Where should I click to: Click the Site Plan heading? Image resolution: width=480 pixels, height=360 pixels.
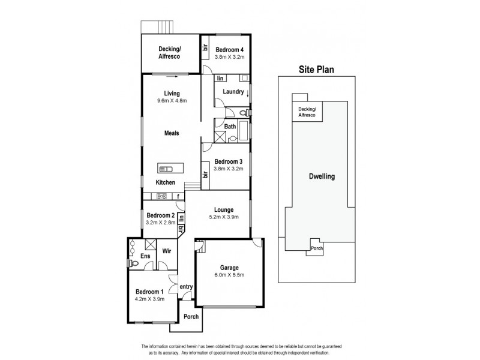tap(317, 70)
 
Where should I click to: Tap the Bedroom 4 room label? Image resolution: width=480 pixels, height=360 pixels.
tap(230, 50)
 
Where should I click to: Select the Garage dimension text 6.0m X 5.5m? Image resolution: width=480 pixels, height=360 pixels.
tap(230, 275)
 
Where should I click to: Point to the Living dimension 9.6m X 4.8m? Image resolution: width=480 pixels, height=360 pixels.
tap(172, 101)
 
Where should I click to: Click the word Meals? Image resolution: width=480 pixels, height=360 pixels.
tap(172, 133)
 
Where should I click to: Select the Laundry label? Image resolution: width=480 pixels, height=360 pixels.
tap(233, 92)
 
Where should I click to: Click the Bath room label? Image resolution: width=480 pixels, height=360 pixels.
tap(230, 127)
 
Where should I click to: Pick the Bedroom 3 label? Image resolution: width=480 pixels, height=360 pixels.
tap(229, 162)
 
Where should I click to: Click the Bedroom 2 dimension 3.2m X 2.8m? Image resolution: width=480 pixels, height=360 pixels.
tap(160, 222)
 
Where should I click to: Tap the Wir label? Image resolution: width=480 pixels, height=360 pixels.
tap(167, 252)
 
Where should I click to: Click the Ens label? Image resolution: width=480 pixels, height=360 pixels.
tap(145, 256)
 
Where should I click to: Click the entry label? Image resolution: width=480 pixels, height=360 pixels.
tap(186, 287)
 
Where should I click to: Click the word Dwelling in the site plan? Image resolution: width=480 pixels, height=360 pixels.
tap(322, 177)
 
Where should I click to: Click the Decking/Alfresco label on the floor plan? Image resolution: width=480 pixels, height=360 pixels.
tap(170, 52)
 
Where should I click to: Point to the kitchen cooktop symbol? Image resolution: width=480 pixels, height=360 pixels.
tap(161, 196)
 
